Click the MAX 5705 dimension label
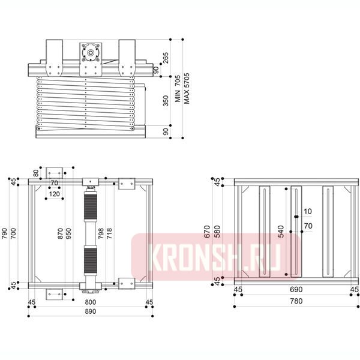coord(187,88)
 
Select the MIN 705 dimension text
coord(178,89)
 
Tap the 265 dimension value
coord(166,58)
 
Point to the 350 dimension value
coord(166,101)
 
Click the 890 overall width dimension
coord(91,311)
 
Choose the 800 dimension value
coord(91,302)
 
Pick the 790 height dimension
coord(5,233)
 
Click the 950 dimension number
coord(68,233)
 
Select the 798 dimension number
coord(101,233)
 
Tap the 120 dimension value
coord(55,194)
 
